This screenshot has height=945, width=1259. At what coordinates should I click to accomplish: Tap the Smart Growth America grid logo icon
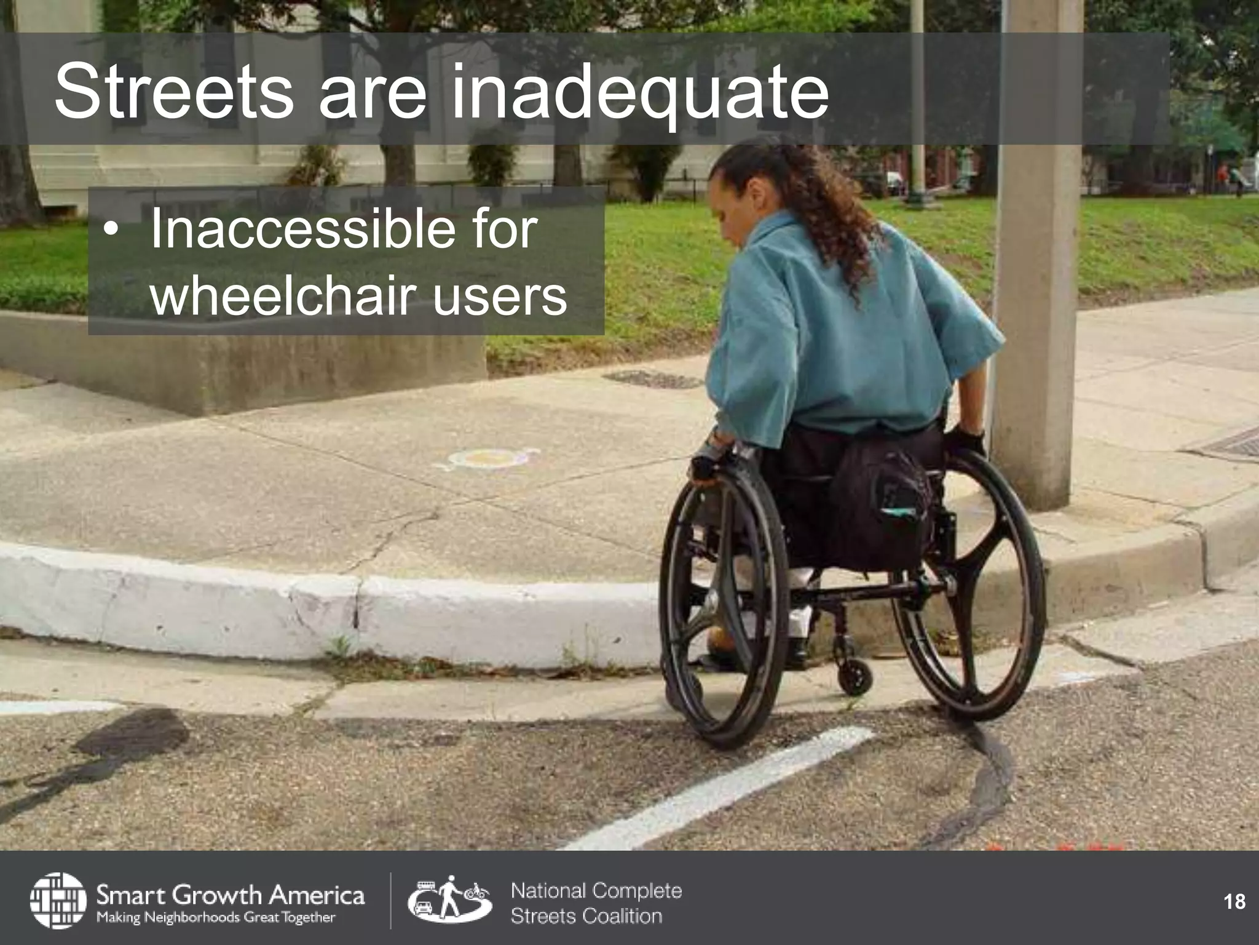coord(58,900)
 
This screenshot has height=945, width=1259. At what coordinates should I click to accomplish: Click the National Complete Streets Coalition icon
coord(449,900)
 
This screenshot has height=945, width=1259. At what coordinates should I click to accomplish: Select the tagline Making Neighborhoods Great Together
coord(216,917)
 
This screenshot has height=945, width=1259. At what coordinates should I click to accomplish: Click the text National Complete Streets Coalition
coord(596,903)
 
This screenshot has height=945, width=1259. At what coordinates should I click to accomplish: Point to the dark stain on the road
coord(129,738)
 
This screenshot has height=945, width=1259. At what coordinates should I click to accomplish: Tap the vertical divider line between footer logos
coord(391,900)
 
